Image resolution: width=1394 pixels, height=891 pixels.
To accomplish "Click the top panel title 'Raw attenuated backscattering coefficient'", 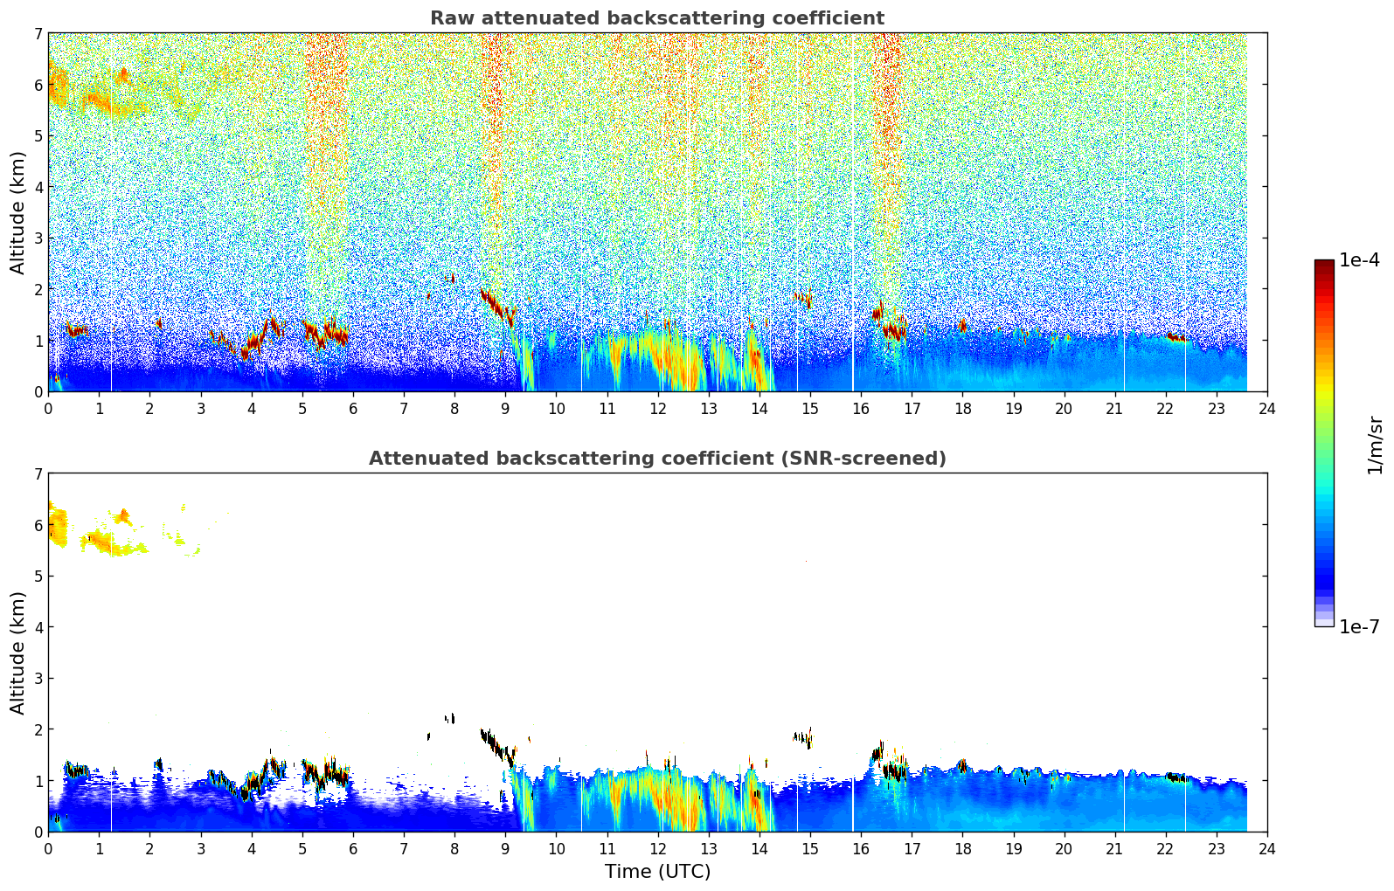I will coord(656,18).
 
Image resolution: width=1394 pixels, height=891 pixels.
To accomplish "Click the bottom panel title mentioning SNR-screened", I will coord(656,459).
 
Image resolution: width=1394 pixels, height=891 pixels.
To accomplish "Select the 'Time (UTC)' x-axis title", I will coord(657,872).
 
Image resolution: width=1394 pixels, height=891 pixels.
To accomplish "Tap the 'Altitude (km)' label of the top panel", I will coord(18,212).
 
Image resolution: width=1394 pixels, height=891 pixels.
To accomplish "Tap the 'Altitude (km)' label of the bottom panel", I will coord(18,653).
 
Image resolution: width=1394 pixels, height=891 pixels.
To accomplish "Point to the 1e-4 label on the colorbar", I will coord(1359,260).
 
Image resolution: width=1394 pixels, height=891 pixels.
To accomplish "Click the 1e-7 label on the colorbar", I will coord(1359,626).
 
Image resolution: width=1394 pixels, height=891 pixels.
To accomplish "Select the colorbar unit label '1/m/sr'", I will coord(1375,445).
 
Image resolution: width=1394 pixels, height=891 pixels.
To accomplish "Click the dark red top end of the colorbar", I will coord(1324,264).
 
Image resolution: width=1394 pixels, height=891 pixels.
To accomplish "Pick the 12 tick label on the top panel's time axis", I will coord(657,409).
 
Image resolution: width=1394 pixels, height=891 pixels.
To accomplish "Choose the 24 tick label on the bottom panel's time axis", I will coord(1267,849).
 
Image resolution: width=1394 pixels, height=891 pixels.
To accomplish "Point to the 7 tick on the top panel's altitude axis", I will coord(38,34).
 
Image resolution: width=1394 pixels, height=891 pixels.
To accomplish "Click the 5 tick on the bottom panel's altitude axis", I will coord(38,577).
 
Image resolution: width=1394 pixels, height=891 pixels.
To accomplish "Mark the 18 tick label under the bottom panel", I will coord(962,849).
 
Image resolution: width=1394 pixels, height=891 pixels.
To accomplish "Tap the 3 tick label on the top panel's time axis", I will coord(200,409).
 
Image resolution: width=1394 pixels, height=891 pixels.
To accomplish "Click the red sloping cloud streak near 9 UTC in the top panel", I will coord(497,306).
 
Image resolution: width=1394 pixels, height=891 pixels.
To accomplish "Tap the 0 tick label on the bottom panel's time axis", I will coord(48,849).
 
